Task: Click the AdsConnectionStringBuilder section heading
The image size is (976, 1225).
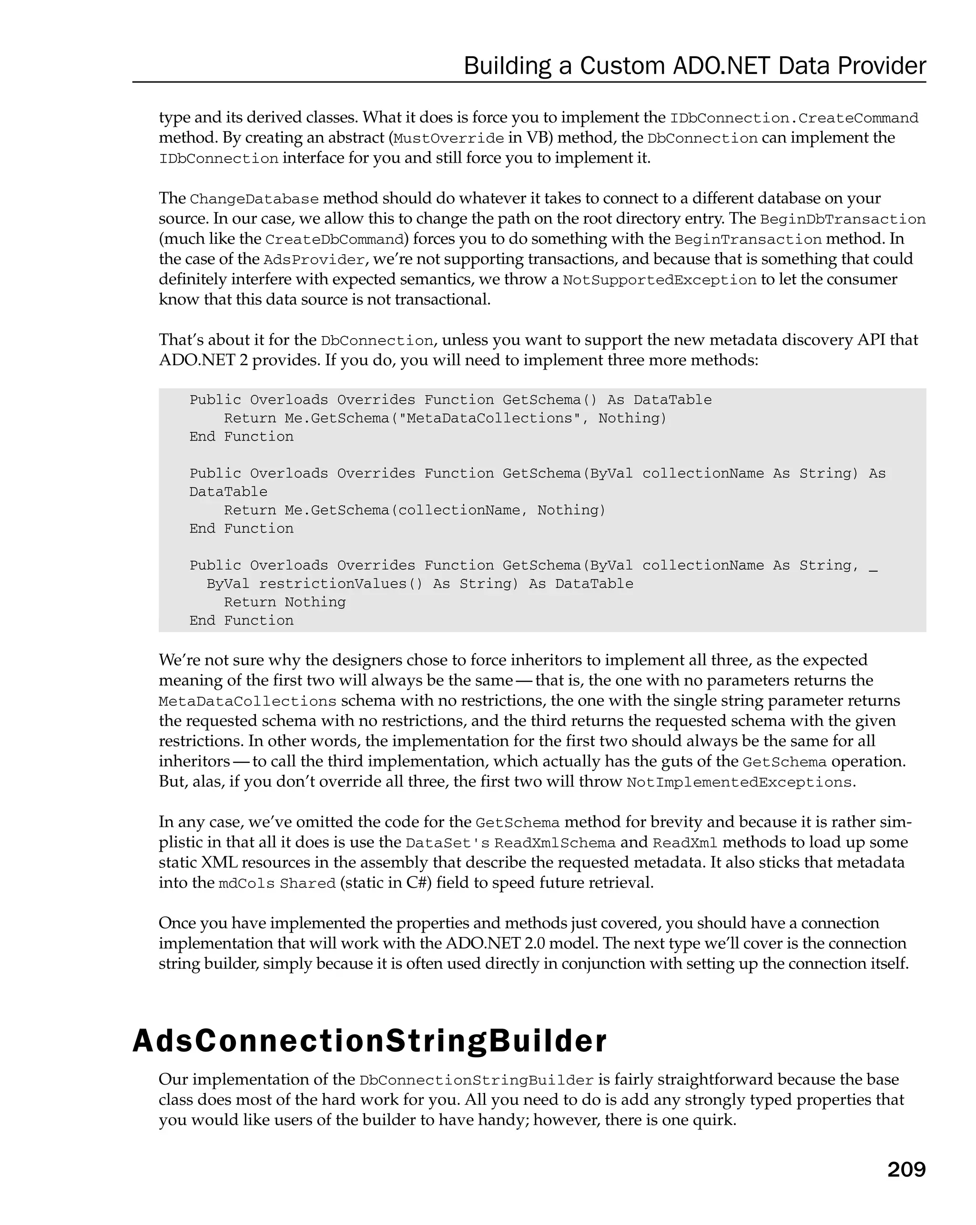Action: click(x=370, y=1041)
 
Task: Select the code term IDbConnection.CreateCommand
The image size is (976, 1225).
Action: click(x=794, y=118)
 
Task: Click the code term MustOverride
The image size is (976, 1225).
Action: click(x=448, y=139)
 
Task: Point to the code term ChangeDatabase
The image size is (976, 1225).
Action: click(x=254, y=199)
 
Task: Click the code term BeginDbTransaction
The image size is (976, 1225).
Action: click(x=843, y=220)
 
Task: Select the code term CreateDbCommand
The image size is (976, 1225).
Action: click(x=334, y=240)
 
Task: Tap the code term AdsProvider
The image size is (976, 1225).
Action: click(x=314, y=260)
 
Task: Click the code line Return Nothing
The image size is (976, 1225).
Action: click(x=285, y=602)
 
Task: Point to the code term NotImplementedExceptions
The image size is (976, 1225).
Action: click(x=739, y=782)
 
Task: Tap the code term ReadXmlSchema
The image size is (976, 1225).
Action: click(x=555, y=843)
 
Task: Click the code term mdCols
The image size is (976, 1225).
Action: click(x=246, y=884)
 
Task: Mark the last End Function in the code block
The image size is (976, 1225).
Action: click(x=241, y=620)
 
